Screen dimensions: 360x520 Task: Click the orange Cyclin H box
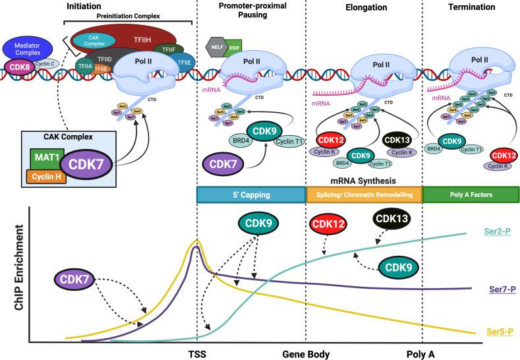[45, 176]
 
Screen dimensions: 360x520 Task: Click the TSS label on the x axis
[196, 353]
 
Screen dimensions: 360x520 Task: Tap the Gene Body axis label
[306, 353]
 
